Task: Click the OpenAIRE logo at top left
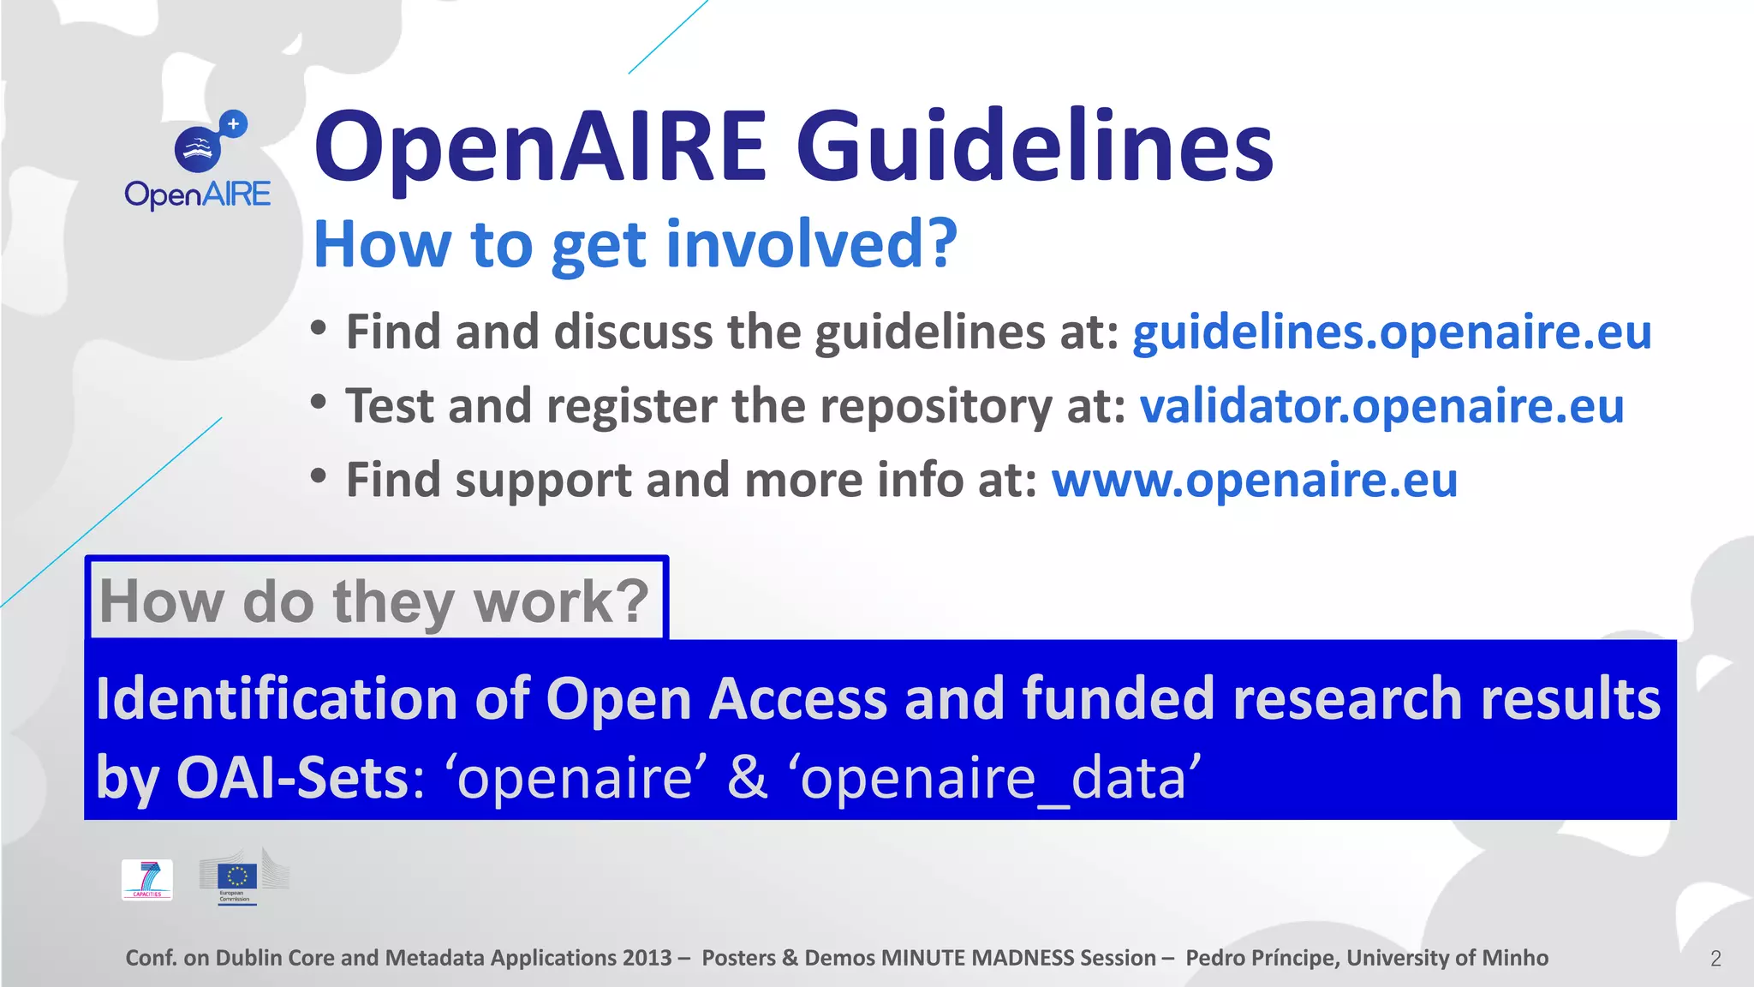198,162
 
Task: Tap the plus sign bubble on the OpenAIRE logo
233,124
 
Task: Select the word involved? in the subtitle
810,244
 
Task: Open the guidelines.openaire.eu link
1392,332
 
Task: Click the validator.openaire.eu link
1381,406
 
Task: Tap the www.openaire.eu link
1254,480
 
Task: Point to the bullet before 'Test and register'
319,401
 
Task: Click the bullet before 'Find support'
319,475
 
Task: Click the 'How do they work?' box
376,601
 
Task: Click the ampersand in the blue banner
748,777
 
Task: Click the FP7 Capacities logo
147,879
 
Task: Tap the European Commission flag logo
237,877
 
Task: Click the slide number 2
1715,959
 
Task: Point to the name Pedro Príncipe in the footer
1262,958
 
